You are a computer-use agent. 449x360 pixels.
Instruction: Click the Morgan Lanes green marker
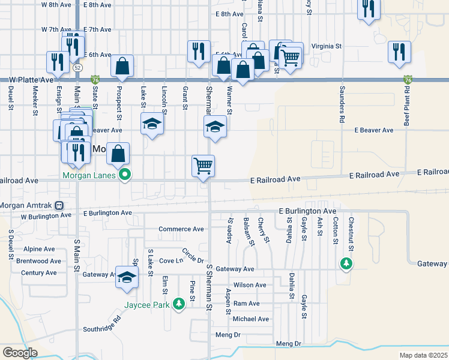tap(125, 176)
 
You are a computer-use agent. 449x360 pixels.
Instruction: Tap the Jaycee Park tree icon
tap(178, 304)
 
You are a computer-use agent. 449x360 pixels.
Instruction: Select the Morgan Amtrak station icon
tap(59, 205)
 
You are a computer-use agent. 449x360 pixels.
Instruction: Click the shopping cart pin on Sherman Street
tap(203, 165)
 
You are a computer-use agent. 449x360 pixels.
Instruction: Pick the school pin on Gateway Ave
tap(127, 277)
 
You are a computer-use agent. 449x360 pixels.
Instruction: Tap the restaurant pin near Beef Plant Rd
tap(399, 52)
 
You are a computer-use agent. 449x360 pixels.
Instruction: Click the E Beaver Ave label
tap(373, 130)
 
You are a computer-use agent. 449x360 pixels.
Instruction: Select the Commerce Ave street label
tap(181, 229)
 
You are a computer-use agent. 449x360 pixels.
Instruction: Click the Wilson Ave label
tap(250, 286)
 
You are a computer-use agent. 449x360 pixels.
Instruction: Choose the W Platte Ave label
tap(31, 80)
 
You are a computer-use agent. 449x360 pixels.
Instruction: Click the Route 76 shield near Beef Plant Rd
tap(408, 79)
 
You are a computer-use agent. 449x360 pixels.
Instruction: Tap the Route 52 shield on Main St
tap(78, 68)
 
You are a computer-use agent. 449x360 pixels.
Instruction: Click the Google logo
tap(20, 353)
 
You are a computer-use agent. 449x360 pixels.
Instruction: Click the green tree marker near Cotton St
tap(346, 263)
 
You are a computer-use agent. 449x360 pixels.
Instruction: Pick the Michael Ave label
tap(251, 319)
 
